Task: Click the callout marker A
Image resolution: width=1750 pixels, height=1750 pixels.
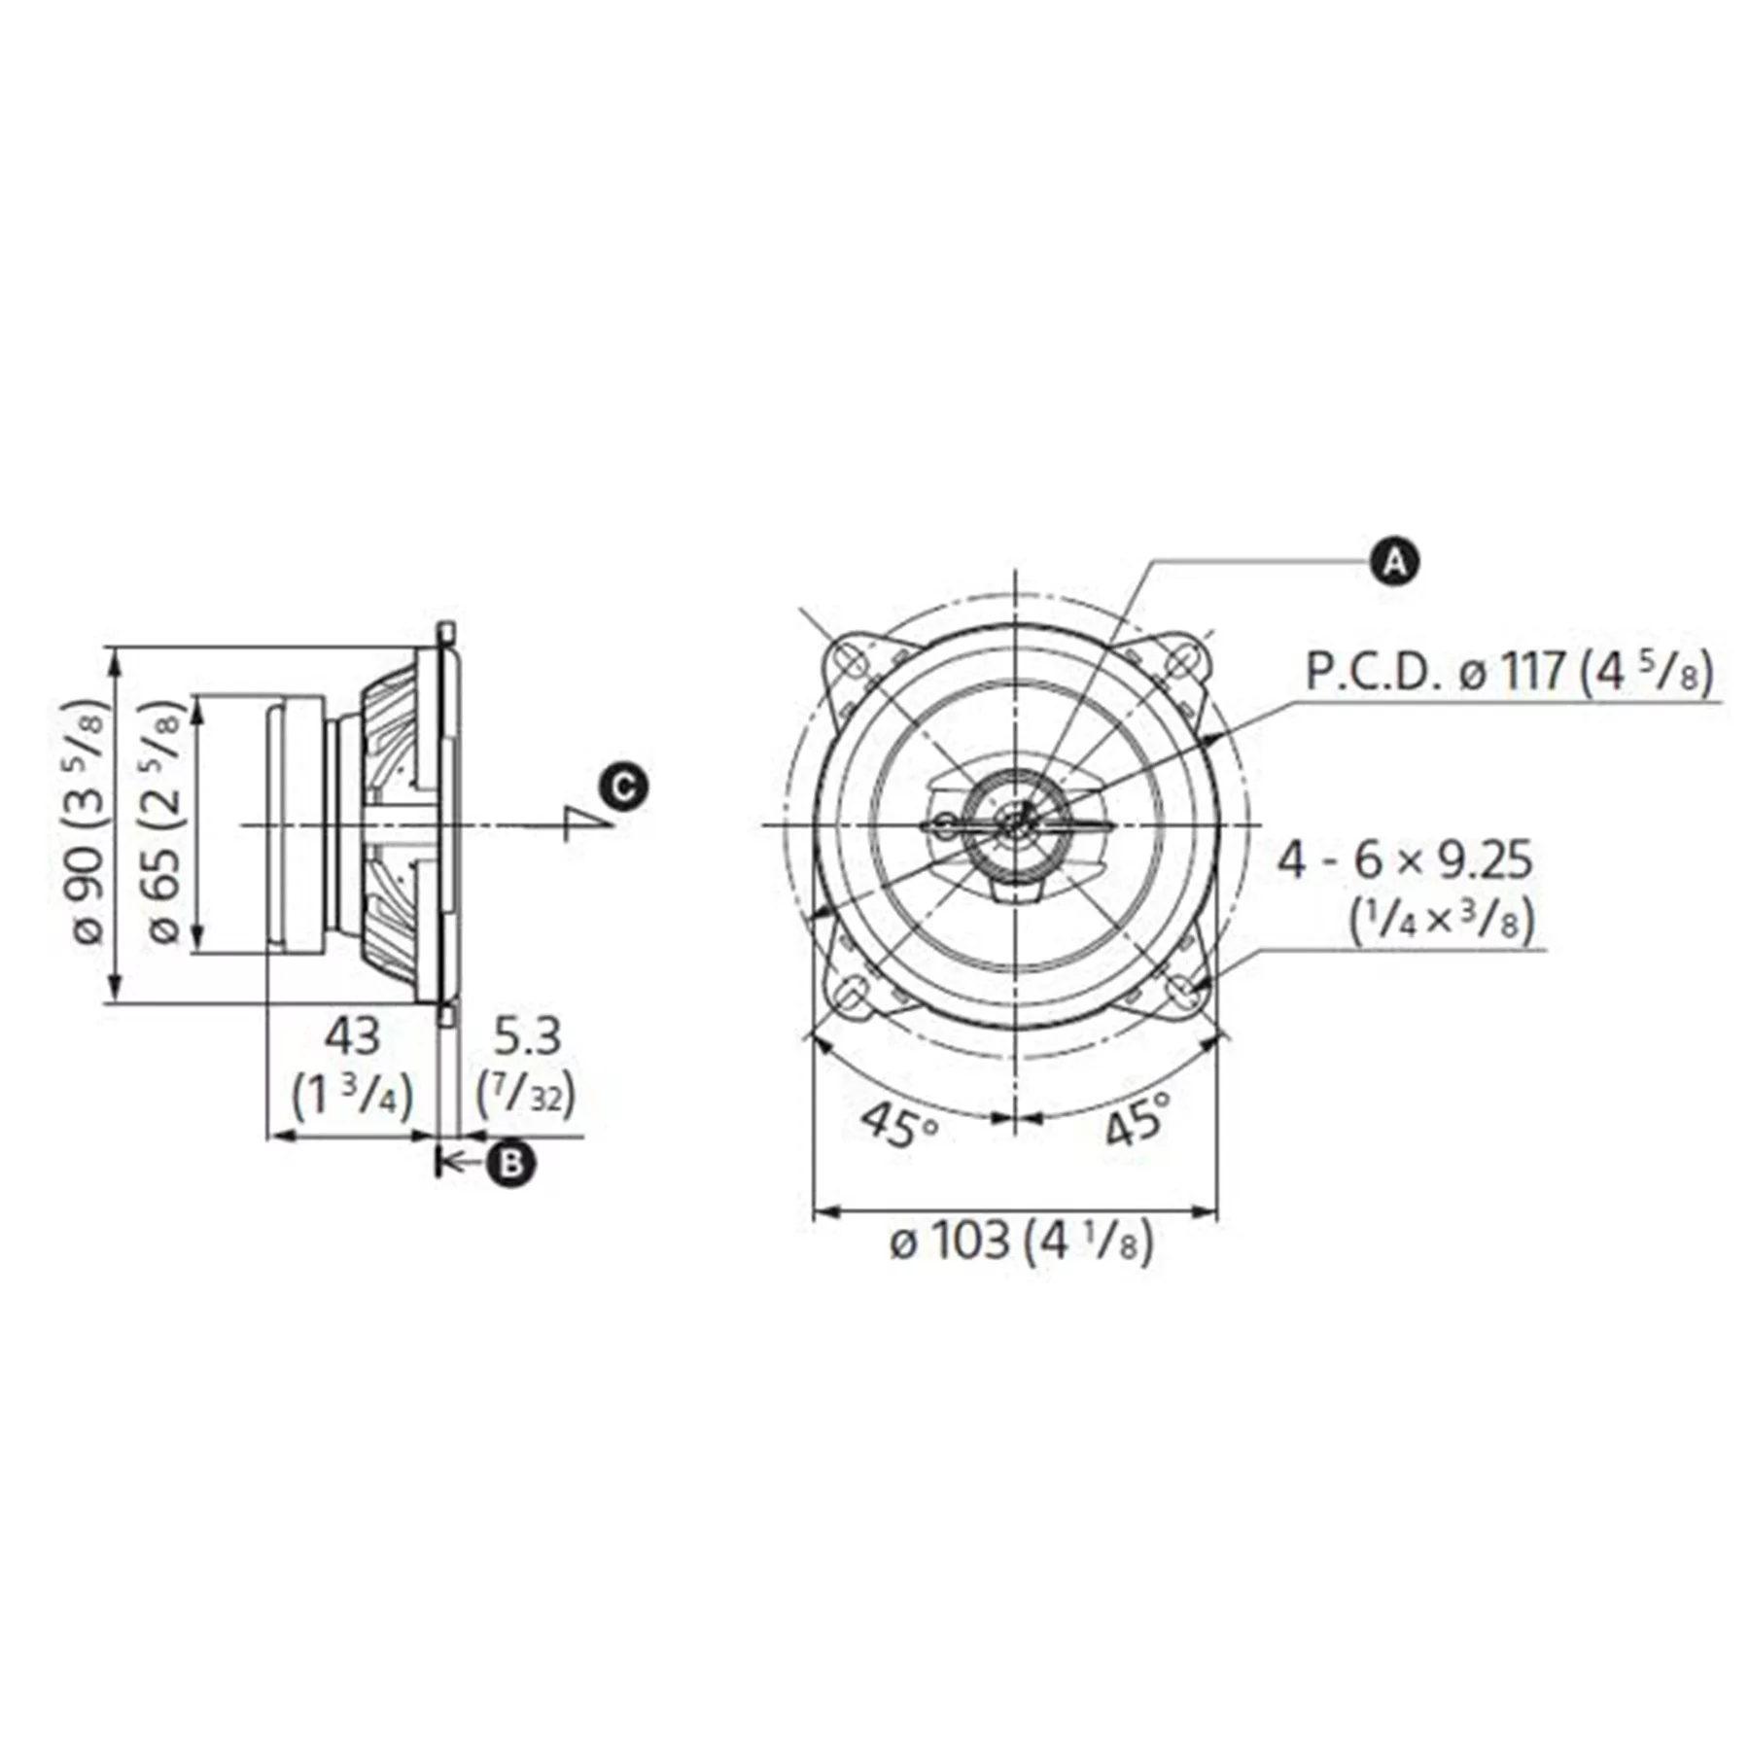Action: point(1394,562)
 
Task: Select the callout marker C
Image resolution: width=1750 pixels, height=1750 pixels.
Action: point(622,786)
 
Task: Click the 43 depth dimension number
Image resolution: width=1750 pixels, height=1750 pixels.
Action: point(352,1036)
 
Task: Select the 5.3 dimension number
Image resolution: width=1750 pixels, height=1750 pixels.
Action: point(528,1036)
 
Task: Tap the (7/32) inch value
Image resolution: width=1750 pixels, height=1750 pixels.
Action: point(526,1096)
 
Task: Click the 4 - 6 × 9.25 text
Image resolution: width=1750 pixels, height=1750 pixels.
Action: point(1404,861)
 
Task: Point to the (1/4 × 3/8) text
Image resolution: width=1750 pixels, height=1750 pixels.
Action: point(1441,920)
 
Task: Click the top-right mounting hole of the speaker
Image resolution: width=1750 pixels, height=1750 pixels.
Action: point(1180,662)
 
